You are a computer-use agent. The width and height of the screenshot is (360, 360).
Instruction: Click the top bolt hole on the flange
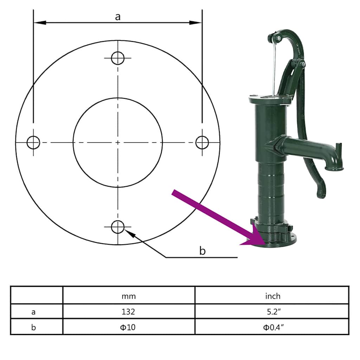(118, 58)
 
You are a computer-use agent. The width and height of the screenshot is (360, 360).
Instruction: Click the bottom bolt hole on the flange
(118, 227)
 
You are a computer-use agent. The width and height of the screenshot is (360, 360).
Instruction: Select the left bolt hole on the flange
(33, 142)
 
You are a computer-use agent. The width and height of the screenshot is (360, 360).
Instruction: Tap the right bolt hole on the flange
(202, 142)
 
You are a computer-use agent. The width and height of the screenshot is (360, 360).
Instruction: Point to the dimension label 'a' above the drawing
(118, 16)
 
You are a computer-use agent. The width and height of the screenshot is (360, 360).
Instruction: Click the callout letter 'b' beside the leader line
(202, 251)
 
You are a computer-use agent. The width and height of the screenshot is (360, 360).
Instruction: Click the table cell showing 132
(129, 311)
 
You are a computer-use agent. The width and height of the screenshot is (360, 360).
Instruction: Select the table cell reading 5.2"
(272, 311)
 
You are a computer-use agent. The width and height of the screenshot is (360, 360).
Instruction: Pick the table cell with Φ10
(129, 327)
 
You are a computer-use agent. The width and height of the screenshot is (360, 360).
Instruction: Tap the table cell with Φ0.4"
(273, 327)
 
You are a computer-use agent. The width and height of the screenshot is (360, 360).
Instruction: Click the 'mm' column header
(129, 296)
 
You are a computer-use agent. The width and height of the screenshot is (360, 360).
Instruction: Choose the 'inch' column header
(272, 296)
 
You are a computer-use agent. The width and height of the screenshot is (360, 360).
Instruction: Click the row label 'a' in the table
(33, 311)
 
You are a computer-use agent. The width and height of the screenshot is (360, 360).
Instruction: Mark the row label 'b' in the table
(33, 327)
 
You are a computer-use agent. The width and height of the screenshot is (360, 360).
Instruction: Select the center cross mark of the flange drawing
(118, 142)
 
